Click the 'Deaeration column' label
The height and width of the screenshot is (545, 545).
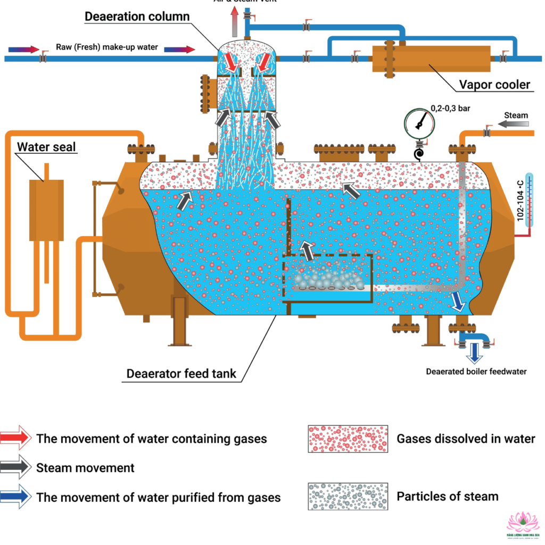pyautogui.click(x=137, y=16)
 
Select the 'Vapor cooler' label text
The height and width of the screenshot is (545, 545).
pyautogui.click(x=495, y=85)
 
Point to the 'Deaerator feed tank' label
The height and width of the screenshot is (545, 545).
pyautogui.click(x=180, y=374)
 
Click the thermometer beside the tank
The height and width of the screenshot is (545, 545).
pyautogui.click(x=528, y=200)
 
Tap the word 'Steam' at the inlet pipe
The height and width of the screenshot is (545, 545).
pyautogui.click(x=516, y=115)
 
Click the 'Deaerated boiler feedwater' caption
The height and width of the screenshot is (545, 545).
pyautogui.click(x=476, y=371)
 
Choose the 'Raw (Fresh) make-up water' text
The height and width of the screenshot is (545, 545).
pyautogui.click(x=106, y=47)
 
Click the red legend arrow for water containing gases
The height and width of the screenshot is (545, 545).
pyautogui.click(x=16, y=439)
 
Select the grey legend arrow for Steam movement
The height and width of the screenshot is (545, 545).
pyautogui.click(x=16, y=468)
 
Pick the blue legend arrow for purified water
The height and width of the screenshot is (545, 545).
pyautogui.click(x=16, y=497)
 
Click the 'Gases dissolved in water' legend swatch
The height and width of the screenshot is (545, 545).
pyautogui.click(x=348, y=439)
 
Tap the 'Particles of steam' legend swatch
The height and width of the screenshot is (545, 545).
pyautogui.click(x=348, y=497)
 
